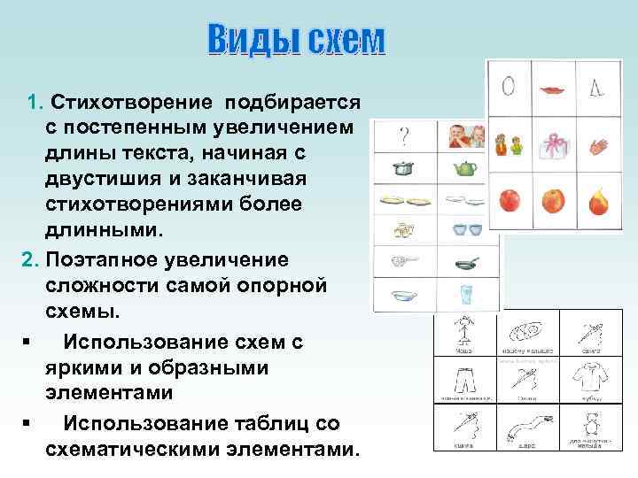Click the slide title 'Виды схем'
[x=296, y=40]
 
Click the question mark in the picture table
[x=404, y=136]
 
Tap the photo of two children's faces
[x=466, y=136]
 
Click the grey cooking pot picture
[x=404, y=167]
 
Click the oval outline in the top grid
[x=509, y=88]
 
